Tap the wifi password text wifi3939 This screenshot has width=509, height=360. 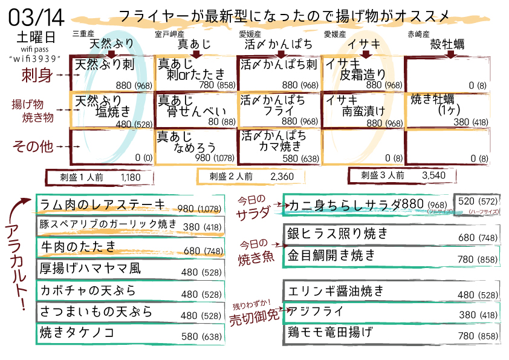[37, 58]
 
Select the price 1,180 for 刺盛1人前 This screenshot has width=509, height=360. [131, 177]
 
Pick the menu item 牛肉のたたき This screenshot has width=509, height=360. [78, 247]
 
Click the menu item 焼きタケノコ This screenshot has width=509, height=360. [77, 333]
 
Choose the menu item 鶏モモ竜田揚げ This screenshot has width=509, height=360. [330, 332]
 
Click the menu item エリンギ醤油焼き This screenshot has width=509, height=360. [336, 291]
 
